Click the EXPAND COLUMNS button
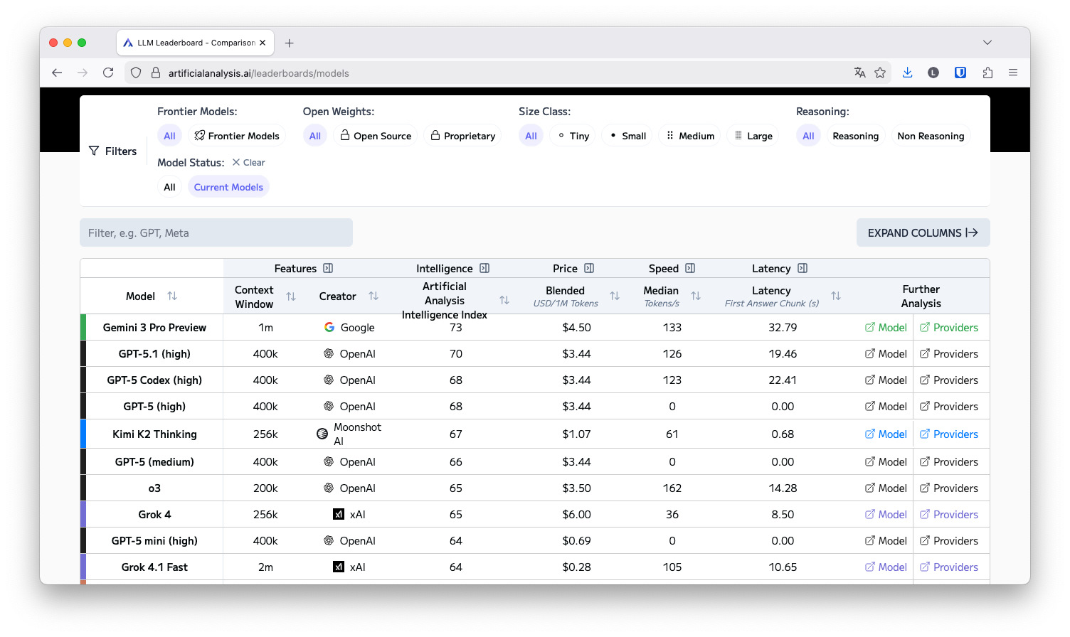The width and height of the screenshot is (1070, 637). tap(923, 232)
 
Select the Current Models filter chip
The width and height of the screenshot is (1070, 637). tap(228, 187)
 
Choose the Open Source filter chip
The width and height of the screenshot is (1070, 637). tap(376, 136)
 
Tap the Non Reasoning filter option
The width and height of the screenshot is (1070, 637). tap(931, 136)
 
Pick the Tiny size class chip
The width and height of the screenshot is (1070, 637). tap(573, 136)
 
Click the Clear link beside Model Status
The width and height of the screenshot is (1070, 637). tap(248, 162)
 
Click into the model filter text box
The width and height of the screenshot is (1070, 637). tap(216, 232)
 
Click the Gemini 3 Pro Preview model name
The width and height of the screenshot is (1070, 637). tap(154, 328)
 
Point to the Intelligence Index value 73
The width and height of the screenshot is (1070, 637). tap(456, 328)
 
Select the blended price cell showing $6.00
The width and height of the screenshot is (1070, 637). tap(576, 514)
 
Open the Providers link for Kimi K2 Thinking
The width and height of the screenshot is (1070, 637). tap(948, 434)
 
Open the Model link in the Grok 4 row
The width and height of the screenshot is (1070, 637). tap(886, 514)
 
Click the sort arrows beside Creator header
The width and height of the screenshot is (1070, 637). tap(374, 296)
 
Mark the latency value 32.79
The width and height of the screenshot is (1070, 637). tap(783, 328)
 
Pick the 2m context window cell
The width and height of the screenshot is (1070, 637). tap(265, 567)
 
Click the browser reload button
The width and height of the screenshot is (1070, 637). tap(108, 73)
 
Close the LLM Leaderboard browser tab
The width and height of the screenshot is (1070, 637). tap(263, 43)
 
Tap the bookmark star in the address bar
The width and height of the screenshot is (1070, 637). tap(880, 73)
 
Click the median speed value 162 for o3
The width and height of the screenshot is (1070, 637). tap(672, 488)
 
